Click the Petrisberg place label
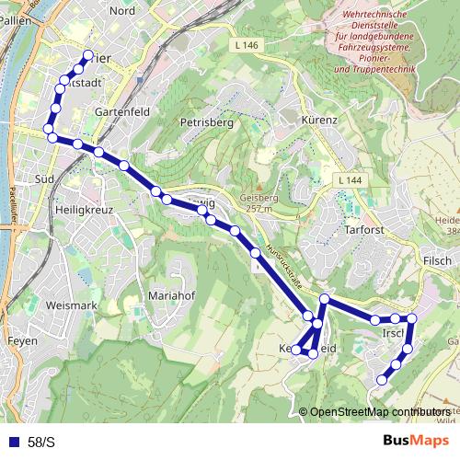click(209, 121)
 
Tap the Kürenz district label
click(320, 121)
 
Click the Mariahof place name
click(172, 296)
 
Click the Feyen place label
click(22, 340)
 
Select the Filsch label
click(437, 260)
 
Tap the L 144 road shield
click(351, 180)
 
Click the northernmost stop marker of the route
click(88, 55)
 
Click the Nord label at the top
click(121, 10)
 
